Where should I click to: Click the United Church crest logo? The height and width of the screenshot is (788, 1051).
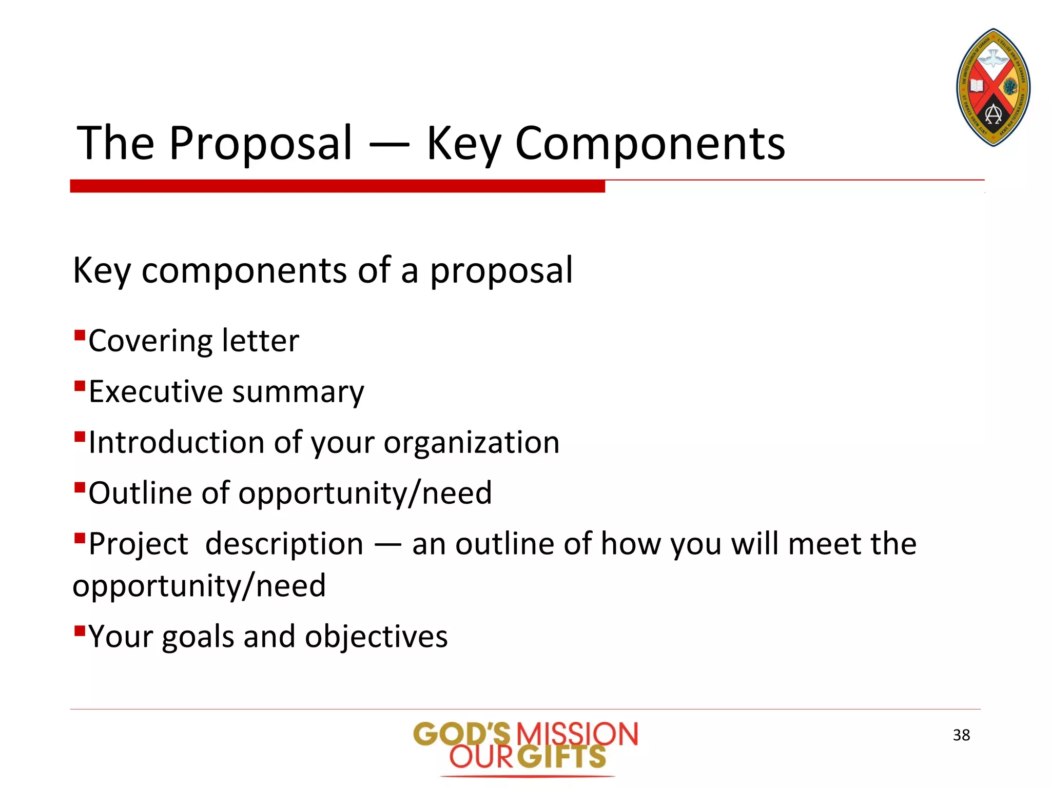point(993,88)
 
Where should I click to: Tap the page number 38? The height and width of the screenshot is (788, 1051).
point(961,735)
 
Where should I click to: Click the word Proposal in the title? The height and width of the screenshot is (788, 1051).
point(261,144)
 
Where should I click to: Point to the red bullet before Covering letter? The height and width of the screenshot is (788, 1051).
point(79,336)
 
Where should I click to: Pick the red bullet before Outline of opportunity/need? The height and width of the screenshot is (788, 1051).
point(79,487)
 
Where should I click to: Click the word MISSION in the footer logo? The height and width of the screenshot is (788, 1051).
point(577,734)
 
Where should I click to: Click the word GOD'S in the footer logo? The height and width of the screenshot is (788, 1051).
point(462,734)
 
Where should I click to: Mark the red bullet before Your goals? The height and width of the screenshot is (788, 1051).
point(79,630)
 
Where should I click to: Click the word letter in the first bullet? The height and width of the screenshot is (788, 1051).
point(260,341)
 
